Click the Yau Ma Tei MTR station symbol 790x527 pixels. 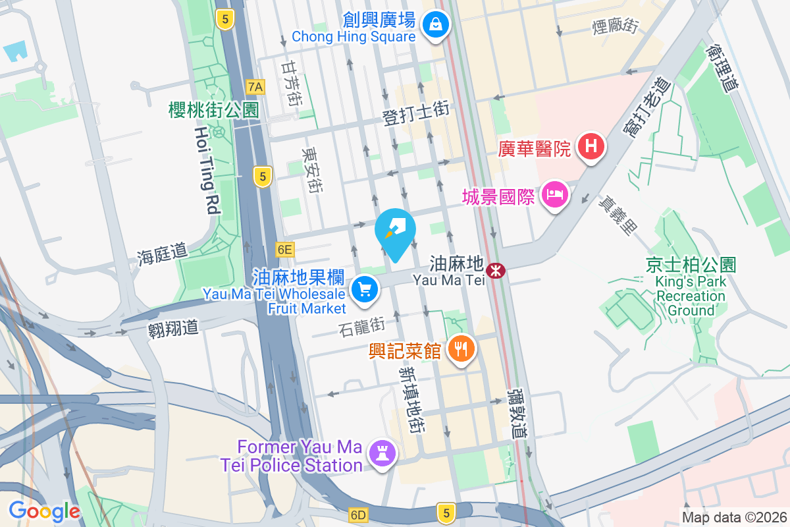point(495,270)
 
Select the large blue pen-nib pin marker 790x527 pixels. point(395,232)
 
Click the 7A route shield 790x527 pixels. point(255,86)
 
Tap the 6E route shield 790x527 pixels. point(284,250)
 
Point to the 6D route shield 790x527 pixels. point(358,513)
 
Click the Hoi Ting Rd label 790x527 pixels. point(206,170)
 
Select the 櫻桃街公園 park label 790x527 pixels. point(214,110)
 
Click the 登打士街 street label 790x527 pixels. point(416,113)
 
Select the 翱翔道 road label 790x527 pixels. point(173,328)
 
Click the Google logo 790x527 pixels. point(44,511)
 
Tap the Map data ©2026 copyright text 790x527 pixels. point(733,517)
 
